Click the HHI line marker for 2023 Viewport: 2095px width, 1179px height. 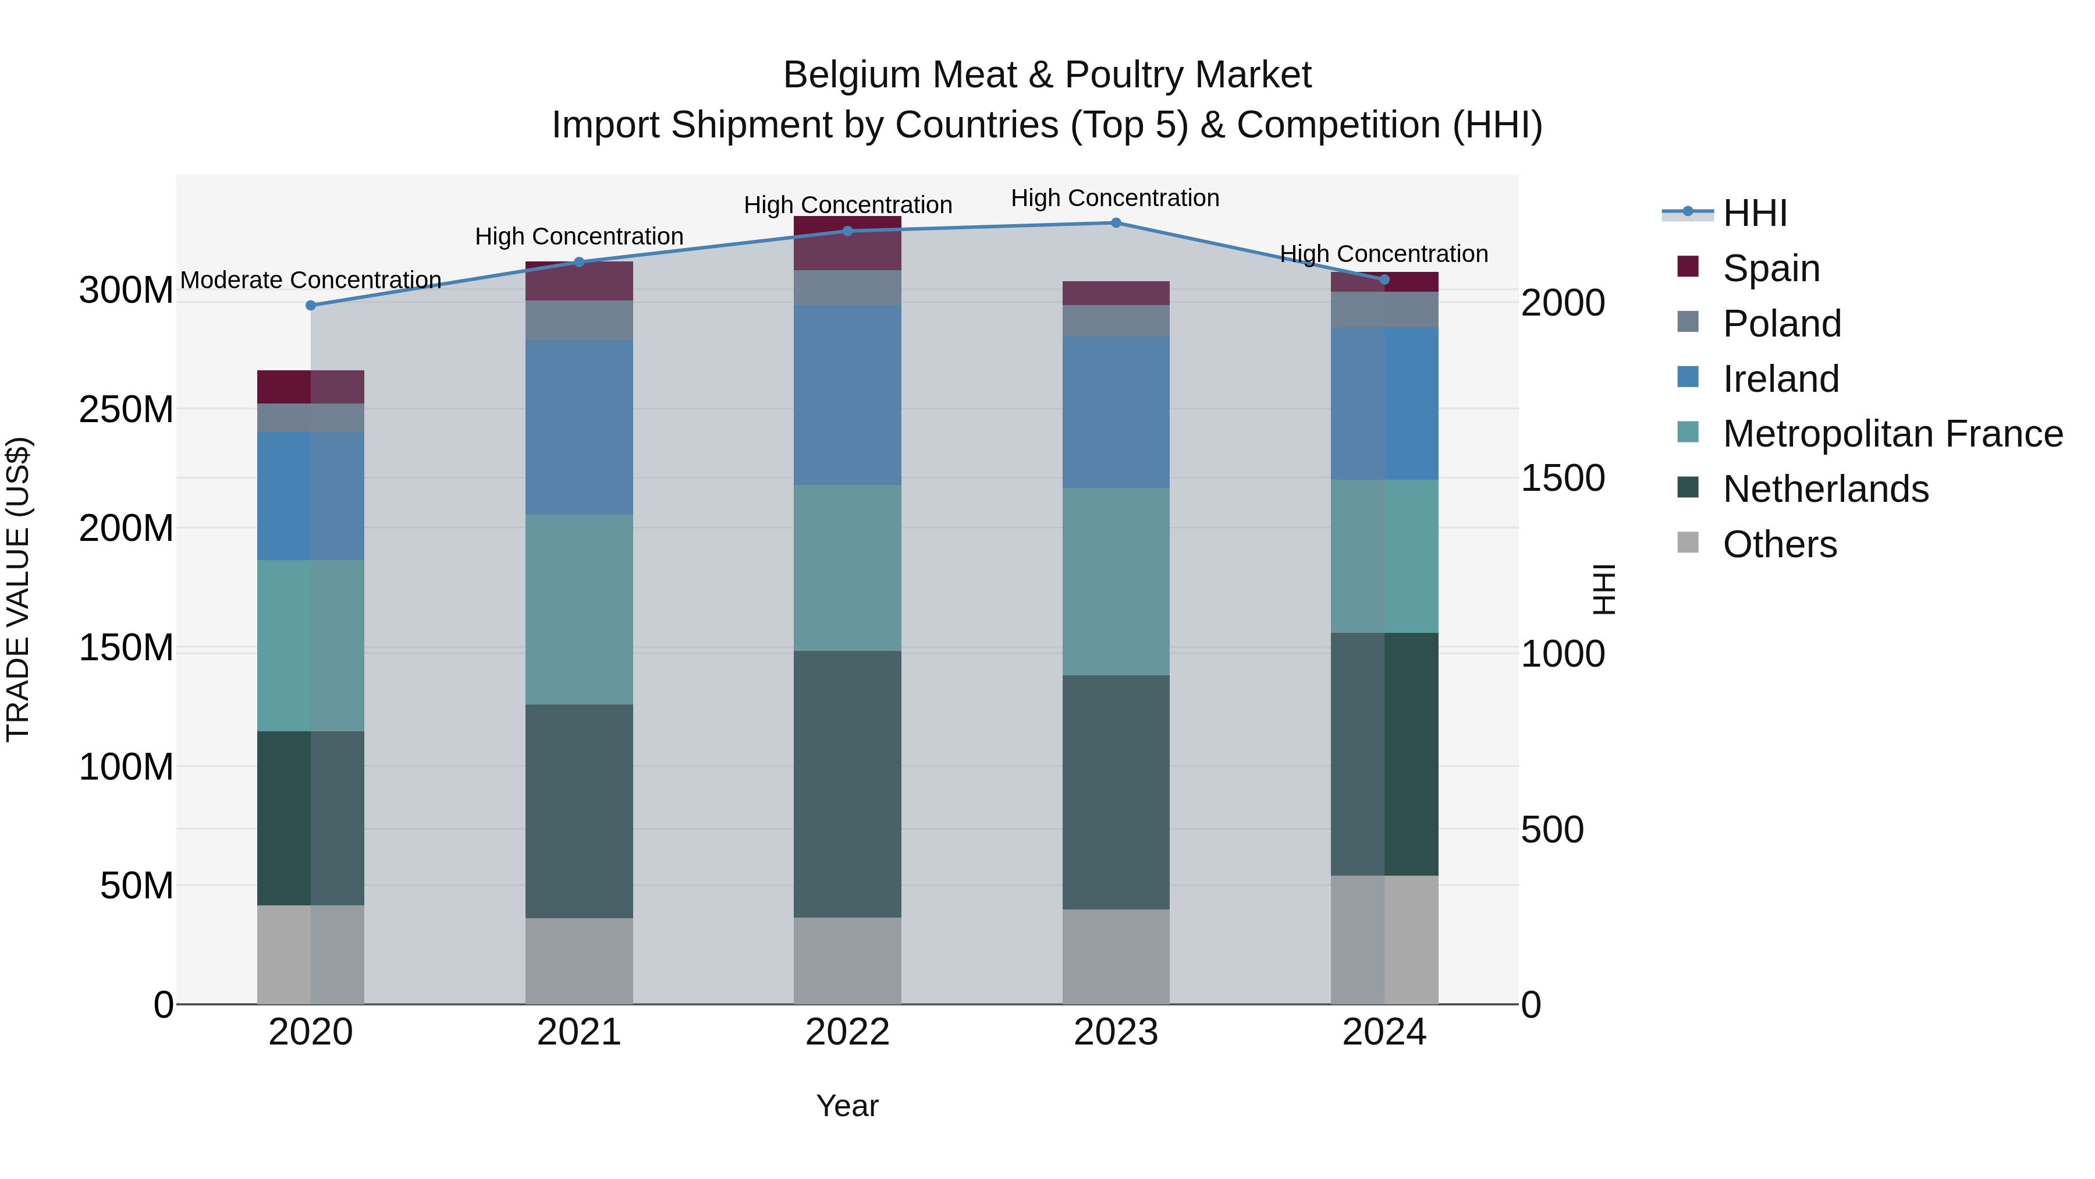pos(1116,222)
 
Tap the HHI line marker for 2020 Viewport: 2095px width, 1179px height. pos(311,305)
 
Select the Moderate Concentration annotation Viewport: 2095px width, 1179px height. pos(311,280)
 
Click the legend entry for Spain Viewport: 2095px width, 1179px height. pos(1770,268)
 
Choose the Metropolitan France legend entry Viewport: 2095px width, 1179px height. pos(1892,434)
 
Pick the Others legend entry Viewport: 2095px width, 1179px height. pos(1780,544)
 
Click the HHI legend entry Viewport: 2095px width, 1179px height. pos(1754,213)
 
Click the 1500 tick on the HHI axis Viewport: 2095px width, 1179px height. pos(1563,479)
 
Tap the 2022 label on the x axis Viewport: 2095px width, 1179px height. pos(847,1032)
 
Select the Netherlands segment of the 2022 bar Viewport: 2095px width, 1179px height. pos(847,784)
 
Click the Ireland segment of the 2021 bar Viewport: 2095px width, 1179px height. pos(579,427)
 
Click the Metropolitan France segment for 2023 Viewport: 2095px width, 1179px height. pos(1116,581)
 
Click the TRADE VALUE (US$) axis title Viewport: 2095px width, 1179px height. pos(18,589)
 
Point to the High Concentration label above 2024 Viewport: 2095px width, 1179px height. pos(1384,254)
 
